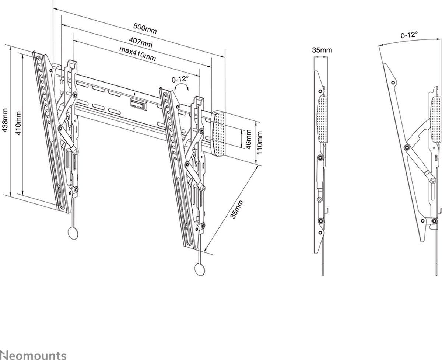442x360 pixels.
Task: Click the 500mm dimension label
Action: [x=145, y=29]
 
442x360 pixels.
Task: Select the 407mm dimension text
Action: [x=140, y=42]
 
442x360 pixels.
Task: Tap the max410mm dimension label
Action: [x=137, y=54]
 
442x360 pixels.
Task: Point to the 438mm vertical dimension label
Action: [x=5, y=120]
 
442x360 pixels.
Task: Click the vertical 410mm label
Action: [x=18, y=123]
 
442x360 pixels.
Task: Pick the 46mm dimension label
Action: [x=248, y=139]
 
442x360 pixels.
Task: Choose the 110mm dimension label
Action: [x=259, y=143]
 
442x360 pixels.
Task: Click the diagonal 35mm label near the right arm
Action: [x=237, y=210]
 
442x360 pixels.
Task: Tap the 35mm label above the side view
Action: [x=322, y=50]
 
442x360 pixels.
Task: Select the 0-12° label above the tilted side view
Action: [x=409, y=35]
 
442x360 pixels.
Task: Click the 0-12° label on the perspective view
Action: [x=180, y=79]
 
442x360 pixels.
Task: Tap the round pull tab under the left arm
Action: [x=73, y=233]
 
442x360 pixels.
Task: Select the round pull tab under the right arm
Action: [x=199, y=269]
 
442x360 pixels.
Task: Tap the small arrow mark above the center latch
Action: [x=135, y=94]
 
